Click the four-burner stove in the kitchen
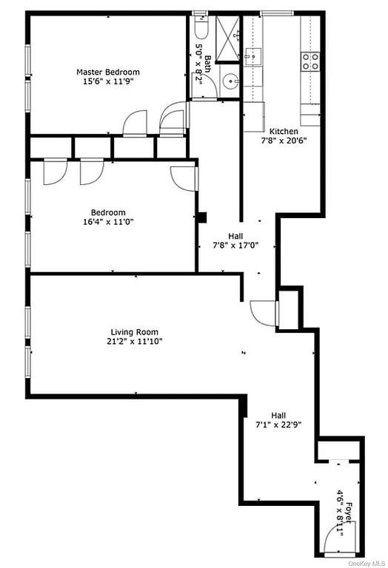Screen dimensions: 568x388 tap(310, 61)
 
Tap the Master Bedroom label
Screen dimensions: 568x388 tap(108, 72)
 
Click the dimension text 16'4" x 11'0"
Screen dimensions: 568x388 tap(113, 220)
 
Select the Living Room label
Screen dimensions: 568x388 tap(134, 332)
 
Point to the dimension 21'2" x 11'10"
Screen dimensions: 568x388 tap(136, 342)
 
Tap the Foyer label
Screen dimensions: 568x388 tap(348, 513)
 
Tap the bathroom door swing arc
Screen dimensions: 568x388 tap(173, 119)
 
